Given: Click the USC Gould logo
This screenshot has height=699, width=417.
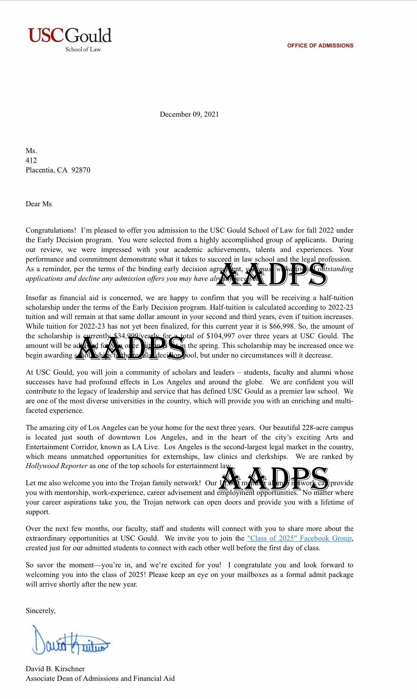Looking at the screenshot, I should [x=70, y=36].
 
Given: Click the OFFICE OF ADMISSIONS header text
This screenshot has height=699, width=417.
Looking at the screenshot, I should [x=320, y=46].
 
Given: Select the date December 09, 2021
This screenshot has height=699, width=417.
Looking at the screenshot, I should [x=189, y=115].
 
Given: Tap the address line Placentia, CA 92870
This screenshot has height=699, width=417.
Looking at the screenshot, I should [x=58, y=170].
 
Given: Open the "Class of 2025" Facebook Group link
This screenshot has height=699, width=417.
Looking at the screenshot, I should [x=299, y=538].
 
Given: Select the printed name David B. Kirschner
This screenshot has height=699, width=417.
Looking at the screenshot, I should [x=55, y=669].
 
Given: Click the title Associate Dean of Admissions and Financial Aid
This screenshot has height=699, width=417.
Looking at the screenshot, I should [x=100, y=679].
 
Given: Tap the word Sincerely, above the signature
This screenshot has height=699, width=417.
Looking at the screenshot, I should [x=40, y=611].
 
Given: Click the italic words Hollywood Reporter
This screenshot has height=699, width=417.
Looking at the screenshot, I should [x=56, y=466].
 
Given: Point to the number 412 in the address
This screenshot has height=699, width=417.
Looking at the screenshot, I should [x=31, y=161].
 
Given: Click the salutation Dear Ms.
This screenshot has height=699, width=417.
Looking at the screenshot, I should [x=39, y=204].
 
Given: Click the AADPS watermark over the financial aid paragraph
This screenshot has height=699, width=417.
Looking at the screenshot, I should [x=131, y=347].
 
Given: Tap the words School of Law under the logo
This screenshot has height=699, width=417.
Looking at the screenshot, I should [x=83, y=50].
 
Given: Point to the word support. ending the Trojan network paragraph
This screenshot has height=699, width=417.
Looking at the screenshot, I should [x=38, y=512].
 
